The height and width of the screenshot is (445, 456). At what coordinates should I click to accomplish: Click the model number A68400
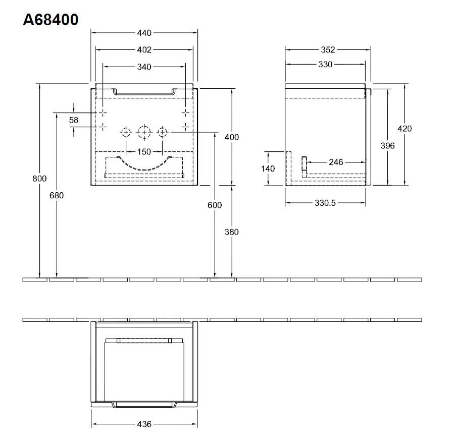point(50,20)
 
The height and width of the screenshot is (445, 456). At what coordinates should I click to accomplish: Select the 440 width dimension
point(144,33)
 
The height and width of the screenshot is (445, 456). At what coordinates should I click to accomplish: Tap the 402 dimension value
point(144,50)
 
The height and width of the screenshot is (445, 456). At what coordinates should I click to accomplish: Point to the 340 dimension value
point(144,67)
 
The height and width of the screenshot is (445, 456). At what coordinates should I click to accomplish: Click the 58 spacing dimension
point(74,120)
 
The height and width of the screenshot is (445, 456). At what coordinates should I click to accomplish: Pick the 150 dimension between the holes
point(144,151)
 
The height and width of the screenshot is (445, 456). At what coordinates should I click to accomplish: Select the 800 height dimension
point(39,178)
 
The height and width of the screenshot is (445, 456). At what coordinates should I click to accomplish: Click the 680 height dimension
point(57,195)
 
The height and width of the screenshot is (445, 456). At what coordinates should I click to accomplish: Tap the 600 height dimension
point(215,205)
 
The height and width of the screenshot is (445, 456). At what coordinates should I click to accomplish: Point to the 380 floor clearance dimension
point(231,232)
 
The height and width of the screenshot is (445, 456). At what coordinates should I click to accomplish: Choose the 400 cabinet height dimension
point(231,137)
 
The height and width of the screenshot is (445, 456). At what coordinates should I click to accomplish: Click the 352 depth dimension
point(328,50)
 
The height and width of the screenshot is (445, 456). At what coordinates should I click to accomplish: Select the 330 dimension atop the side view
point(325,65)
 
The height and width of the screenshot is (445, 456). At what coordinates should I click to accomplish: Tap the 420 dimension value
point(404,129)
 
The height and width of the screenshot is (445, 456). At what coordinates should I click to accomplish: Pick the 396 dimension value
point(387,145)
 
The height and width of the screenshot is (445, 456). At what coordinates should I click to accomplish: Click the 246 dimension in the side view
point(335,162)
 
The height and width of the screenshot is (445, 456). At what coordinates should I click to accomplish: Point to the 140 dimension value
point(268,169)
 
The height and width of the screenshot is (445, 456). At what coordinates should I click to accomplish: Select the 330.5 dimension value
point(325,203)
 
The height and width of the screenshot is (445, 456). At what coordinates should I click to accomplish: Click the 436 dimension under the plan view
point(144,424)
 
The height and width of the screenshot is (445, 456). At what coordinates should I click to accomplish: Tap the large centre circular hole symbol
point(144,132)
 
